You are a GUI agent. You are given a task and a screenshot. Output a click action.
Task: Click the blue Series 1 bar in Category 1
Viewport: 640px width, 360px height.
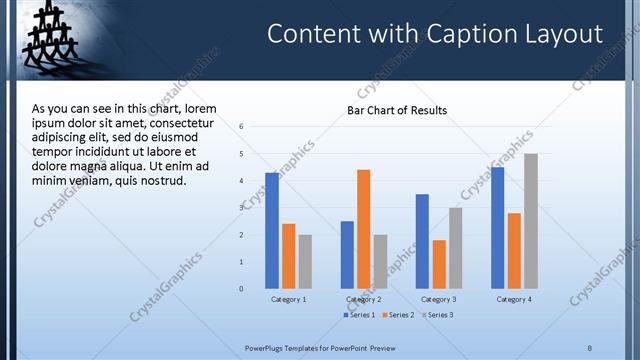point(272,231)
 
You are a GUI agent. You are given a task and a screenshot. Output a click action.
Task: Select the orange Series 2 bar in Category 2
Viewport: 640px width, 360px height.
point(363,229)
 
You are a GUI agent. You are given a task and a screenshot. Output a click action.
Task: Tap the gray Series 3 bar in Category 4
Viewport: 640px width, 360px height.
point(531,221)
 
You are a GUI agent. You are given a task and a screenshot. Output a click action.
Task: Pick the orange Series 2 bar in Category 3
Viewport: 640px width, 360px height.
point(439,264)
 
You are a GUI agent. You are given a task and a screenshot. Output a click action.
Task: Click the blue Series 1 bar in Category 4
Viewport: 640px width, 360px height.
point(497,228)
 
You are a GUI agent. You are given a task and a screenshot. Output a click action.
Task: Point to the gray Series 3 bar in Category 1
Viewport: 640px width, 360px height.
point(305,262)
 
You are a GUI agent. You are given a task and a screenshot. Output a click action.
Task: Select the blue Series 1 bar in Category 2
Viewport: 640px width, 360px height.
point(347,255)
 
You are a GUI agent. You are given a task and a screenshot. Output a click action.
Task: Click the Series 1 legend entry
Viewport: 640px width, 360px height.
point(360,315)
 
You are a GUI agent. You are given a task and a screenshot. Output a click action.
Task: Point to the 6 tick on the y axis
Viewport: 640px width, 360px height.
point(241,126)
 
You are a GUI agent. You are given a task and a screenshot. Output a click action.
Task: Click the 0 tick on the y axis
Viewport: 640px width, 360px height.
point(241,289)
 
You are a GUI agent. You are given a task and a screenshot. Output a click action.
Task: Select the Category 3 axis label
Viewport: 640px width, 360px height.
point(438,299)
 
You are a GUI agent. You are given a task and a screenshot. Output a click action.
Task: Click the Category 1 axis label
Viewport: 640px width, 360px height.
point(288,299)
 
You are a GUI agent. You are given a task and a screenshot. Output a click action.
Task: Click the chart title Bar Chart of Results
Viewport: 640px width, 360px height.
point(397,110)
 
